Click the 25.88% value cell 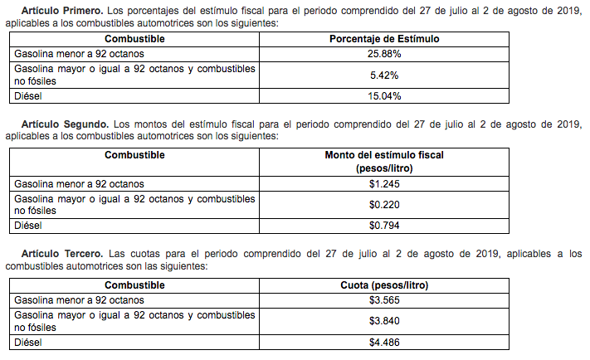(x=384, y=53)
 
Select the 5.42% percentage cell (x=384, y=75)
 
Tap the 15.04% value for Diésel (x=384, y=96)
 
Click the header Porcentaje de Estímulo (x=384, y=39)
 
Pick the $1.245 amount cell (x=384, y=183)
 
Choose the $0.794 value (x=384, y=225)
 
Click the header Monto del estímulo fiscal (x=384, y=155)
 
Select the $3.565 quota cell (x=384, y=299)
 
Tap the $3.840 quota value (x=384, y=320)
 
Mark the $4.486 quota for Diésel (x=384, y=341)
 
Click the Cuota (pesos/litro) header (x=384, y=285)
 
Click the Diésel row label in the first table (x=27, y=96)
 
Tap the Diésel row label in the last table (x=27, y=341)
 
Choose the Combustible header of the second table (x=134, y=155)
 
